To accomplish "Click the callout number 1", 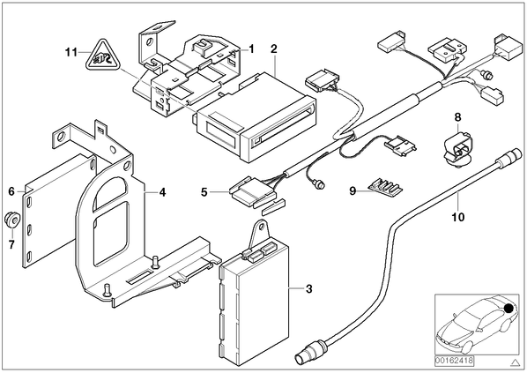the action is point(251,49).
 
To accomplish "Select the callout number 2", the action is point(274,49).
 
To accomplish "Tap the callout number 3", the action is point(308,289).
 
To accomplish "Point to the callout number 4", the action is point(162,192).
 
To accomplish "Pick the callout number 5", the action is point(204,192).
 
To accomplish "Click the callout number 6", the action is point(11,191).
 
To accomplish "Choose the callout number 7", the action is point(11,244).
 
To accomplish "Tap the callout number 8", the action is point(457,117).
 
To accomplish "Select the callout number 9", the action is point(353,191).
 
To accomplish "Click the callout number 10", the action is point(458,217).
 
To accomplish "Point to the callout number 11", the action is point(71,53).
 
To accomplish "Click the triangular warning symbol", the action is point(102,56).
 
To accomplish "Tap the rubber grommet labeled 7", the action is point(11,220).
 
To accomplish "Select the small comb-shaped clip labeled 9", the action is point(385,187).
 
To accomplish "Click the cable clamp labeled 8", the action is point(457,148).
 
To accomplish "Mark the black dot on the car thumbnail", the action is point(509,308).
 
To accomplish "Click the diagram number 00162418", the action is point(454,361).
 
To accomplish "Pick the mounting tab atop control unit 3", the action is point(259,231).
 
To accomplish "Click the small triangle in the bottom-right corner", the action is point(515,362).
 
